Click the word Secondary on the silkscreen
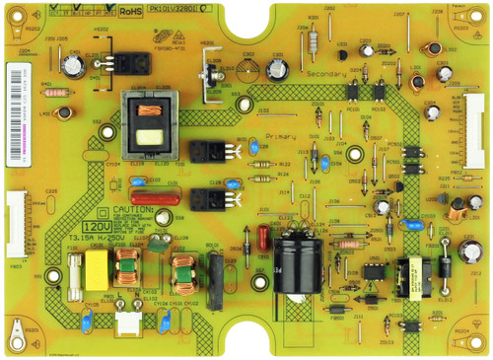[327, 74]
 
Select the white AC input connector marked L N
[127, 316]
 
